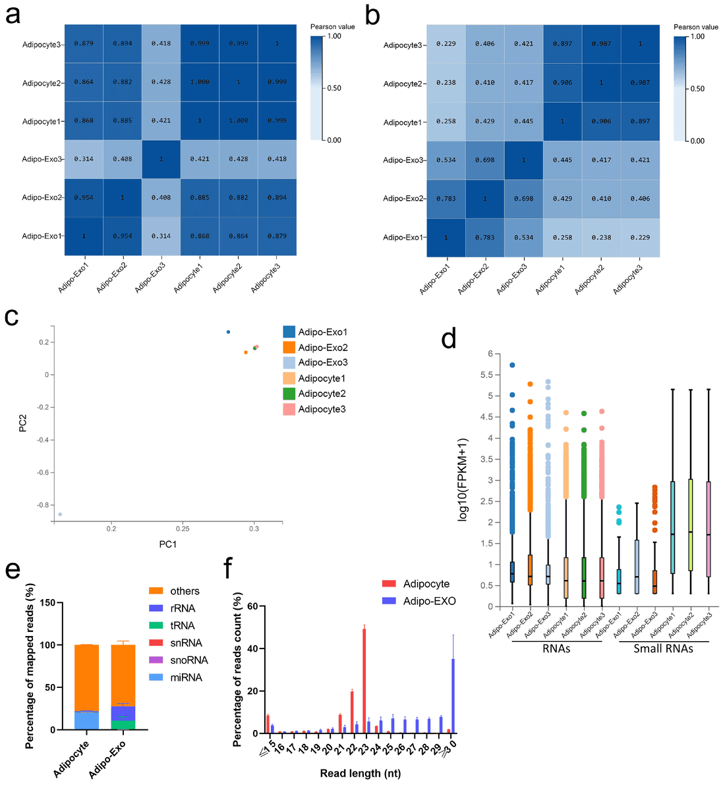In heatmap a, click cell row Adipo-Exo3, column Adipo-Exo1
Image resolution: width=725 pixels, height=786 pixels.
84,159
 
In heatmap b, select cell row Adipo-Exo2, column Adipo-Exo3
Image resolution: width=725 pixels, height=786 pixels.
524,198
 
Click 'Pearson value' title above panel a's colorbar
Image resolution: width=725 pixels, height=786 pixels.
332,27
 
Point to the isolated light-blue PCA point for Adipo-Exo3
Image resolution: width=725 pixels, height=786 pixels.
60,514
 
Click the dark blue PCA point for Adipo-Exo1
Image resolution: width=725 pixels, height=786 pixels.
229,332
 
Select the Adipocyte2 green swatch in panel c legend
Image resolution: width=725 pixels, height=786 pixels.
289,394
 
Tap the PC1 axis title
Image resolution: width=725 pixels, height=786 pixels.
167,544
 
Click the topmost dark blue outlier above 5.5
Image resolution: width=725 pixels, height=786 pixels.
512,365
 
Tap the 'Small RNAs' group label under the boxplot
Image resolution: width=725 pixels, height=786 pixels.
663,648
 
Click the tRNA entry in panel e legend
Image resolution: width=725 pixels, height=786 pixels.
182,625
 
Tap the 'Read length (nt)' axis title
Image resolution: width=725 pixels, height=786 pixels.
360,773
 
